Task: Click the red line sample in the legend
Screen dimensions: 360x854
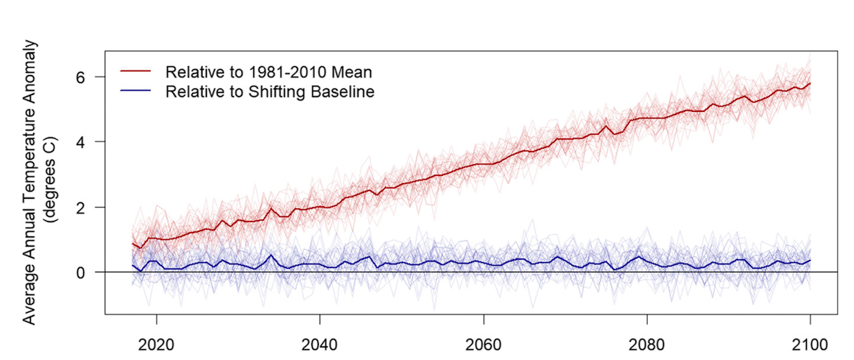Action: coord(136,72)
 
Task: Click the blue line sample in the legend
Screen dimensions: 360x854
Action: coord(136,92)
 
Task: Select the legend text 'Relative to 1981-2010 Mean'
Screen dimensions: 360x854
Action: coord(269,72)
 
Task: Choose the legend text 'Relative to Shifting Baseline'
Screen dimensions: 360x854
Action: coord(271,92)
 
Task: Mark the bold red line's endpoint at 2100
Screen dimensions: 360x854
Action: coord(810,83)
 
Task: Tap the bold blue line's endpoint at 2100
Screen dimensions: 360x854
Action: coord(810,260)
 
